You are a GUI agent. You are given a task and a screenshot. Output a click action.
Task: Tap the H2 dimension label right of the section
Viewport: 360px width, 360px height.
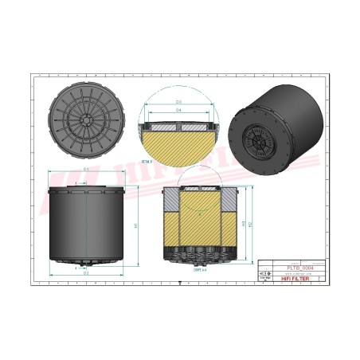[x=252, y=225]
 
